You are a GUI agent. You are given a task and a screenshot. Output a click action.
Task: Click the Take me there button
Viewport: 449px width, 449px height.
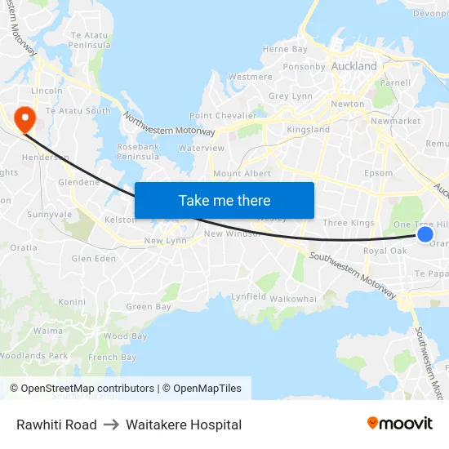click(224, 201)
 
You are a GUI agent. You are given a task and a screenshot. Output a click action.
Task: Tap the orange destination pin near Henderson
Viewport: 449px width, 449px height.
click(24, 120)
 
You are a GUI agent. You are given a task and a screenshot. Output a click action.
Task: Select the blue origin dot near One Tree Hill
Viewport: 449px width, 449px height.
click(425, 234)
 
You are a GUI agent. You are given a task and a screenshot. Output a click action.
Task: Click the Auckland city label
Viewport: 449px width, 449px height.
click(354, 66)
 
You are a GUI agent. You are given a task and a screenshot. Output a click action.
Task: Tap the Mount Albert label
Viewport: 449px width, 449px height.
click(242, 174)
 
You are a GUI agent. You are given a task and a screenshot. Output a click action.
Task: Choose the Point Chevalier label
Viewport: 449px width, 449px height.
click(223, 116)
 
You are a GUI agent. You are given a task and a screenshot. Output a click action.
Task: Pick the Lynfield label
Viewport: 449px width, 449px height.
click(248, 296)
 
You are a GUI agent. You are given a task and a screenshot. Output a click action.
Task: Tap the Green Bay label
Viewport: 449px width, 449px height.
click(149, 307)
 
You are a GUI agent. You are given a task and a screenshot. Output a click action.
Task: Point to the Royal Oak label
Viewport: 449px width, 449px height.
click(385, 251)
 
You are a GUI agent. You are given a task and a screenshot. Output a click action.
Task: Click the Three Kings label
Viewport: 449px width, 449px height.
click(348, 223)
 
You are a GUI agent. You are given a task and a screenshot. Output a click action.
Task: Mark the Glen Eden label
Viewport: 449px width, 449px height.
click(94, 259)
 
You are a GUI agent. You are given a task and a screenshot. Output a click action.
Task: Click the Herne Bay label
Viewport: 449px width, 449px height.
click(285, 50)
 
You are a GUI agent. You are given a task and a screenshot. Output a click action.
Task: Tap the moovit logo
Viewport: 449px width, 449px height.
click(399, 424)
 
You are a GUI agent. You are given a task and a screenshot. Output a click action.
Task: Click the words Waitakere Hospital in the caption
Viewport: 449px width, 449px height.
click(184, 425)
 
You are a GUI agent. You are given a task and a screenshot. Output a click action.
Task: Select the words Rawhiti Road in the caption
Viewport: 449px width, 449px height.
click(56, 425)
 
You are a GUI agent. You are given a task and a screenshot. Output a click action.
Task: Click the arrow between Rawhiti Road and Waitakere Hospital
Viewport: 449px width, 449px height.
click(111, 425)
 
